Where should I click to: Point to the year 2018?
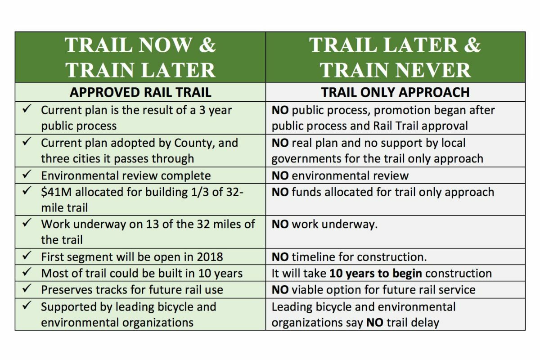(209, 257)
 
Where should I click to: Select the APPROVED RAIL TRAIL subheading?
(140, 92)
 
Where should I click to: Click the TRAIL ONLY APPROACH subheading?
(395, 92)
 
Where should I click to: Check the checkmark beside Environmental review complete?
(27, 175)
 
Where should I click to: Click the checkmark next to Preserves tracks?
(27, 289)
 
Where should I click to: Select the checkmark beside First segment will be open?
(27, 256)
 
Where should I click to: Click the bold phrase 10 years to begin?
(376, 273)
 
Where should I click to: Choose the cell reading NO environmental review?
(340, 175)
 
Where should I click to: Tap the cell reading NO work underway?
(324, 224)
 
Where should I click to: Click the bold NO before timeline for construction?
(280, 257)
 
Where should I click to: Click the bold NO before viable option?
(280, 290)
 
